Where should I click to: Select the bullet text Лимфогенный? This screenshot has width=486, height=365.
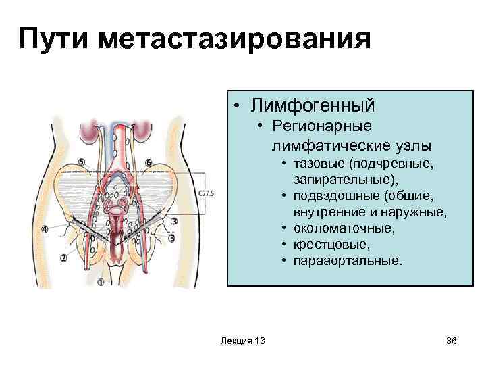pos(313,105)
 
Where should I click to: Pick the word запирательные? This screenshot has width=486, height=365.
pos(346,180)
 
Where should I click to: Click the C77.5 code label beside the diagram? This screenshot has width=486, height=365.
pos(207,194)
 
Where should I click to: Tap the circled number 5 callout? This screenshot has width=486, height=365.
pos(82,162)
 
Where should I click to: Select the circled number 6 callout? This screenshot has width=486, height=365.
pos(148,162)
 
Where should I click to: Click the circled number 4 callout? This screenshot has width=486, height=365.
pos(45,230)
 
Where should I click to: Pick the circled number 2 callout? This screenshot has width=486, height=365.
pos(63,258)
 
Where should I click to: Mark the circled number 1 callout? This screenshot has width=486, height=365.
pos(101,283)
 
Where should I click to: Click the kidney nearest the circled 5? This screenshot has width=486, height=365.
pos(90,130)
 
